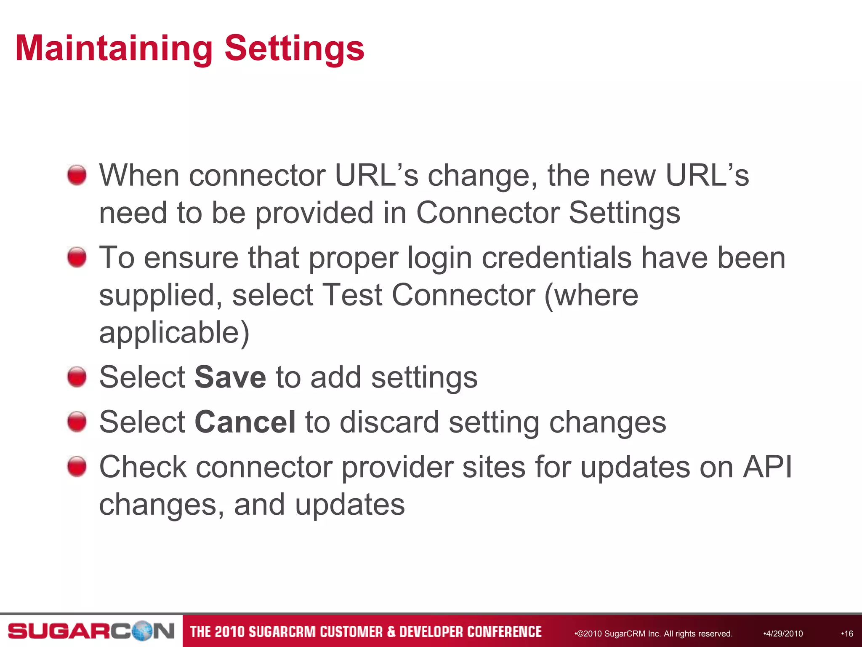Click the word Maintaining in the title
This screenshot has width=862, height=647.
114,48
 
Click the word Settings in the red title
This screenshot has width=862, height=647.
294,49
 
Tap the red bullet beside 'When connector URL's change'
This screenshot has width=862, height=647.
77,175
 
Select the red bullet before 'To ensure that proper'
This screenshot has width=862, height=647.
77,257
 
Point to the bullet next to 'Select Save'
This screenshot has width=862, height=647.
77,377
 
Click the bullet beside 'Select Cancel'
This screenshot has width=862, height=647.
77,422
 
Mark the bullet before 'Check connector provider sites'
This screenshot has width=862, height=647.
77,467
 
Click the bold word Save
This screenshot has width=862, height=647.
230,377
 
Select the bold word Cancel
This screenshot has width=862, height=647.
245,422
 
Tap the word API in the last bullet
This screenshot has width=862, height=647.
767,467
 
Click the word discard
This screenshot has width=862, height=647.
389,422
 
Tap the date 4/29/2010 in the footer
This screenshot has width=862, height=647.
783,634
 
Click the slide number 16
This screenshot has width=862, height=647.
848,634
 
